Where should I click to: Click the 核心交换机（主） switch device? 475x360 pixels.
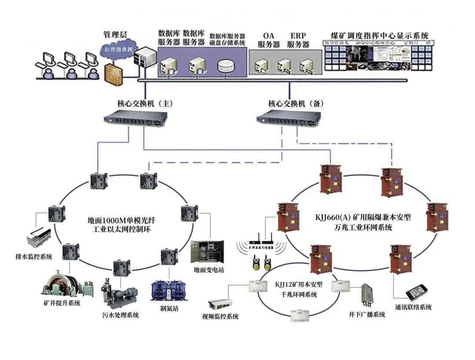(x=135, y=118)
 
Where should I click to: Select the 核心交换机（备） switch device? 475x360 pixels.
(x=289, y=117)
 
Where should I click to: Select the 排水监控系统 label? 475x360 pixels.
(x=34, y=256)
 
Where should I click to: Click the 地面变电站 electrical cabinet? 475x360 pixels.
(x=207, y=251)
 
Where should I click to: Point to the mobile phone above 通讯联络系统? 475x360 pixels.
(x=416, y=292)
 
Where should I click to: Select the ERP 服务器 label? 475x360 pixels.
(x=298, y=40)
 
